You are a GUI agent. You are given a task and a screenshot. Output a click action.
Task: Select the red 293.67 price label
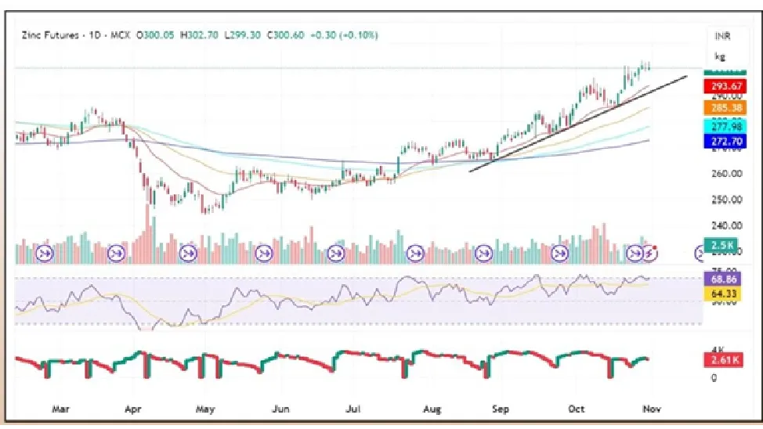pos(726,87)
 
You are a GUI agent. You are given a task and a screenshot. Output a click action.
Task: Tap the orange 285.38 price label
pos(726,106)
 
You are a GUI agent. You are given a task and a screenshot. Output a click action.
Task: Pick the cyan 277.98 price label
pos(726,126)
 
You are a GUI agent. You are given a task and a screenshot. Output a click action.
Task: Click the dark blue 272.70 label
pos(726,142)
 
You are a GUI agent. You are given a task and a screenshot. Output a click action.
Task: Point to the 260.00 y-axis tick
pos(725,174)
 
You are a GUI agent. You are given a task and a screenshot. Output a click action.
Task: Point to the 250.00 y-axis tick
pos(725,200)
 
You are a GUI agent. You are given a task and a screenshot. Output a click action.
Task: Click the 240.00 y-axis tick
pos(725,225)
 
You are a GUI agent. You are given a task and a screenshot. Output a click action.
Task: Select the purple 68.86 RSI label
pos(726,279)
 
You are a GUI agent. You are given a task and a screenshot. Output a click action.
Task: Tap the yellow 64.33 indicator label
pos(726,294)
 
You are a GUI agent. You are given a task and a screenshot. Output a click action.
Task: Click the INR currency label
pos(721,36)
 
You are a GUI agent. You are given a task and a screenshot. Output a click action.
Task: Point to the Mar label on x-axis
pos(61,409)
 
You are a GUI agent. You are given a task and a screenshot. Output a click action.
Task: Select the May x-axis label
pos(205,409)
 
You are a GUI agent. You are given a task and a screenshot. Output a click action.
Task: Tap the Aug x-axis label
pos(432,409)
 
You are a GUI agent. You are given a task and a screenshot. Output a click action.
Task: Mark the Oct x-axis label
pos(577,409)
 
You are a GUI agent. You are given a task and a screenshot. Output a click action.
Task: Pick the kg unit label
pos(719,56)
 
